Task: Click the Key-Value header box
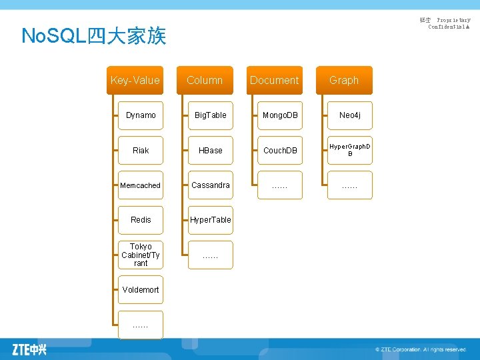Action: click(135, 80)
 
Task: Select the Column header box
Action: click(205, 80)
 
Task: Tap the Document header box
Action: click(274, 80)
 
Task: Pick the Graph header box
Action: click(344, 80)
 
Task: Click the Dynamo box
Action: click(141, 115)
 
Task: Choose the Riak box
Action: click(141, 150)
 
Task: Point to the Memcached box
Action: click(141, 185)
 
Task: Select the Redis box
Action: click(141, 220)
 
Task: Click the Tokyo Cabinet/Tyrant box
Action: click(141, 255)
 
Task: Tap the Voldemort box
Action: click(141, 289)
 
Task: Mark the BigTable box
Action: click(211, 115)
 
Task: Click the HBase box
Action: click(211, 150)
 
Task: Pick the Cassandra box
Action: click(211, 185)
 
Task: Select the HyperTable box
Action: click(211, 220)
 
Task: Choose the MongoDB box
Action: click(280, 115)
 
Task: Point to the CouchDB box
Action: click(280, 150)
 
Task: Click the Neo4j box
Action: click(350, 115)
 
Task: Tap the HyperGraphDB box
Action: click(350, 150)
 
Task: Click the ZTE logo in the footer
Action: click(29, 349)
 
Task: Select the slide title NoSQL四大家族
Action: click(93, 35)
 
